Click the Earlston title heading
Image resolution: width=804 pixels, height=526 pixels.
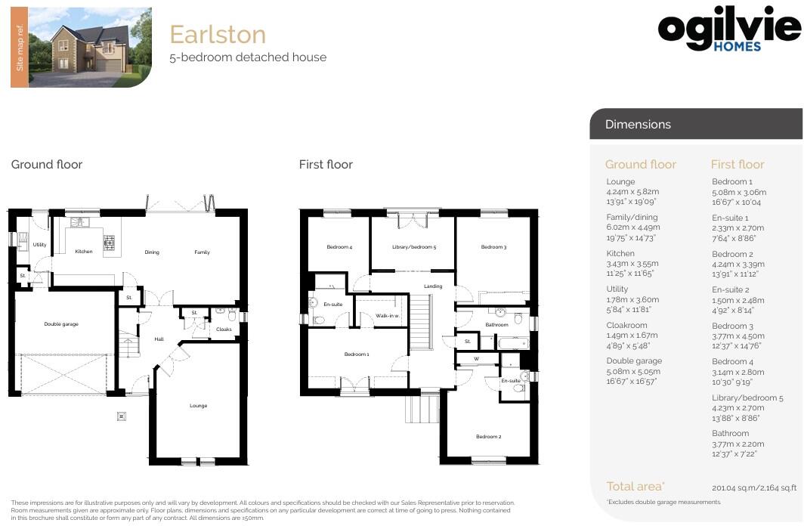(x=218, y=34)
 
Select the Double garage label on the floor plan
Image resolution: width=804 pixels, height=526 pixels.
(x=61, y=324)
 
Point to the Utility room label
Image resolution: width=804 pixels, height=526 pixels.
(x=39, y=245)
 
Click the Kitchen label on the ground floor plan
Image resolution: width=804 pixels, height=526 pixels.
(x=83, y=252)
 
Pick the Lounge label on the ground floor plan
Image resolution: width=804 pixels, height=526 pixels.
(x=198, y=406)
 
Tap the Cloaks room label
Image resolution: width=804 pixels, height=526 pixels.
(x=224, y=329)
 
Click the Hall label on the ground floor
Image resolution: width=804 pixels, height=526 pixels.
(x=159, y=339)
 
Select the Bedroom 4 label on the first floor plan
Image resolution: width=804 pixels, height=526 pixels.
(x=339, y=247)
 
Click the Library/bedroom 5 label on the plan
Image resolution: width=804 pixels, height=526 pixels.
(x=413, y=247)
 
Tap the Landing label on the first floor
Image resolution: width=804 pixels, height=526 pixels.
(x=433, y=286)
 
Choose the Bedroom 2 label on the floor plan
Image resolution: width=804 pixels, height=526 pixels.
(x=487, y=436)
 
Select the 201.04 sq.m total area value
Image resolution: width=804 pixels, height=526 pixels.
(x=753, y=487)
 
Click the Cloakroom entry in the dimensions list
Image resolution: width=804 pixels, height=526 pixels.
(x=626, y=325)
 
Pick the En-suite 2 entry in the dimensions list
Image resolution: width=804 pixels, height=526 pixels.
(x=730, y=289)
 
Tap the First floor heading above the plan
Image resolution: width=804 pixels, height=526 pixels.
(x=326, y=164)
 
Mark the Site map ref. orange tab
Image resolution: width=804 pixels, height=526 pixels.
(x=20, y=47)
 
